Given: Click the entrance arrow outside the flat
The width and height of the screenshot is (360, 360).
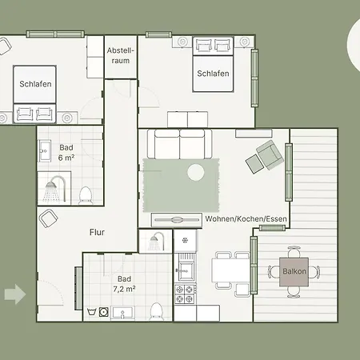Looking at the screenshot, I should tap(14, 294).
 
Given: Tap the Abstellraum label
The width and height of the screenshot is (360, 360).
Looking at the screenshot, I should tap(121, 55).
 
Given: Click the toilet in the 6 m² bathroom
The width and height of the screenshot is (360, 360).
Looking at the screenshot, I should tap(86, 194).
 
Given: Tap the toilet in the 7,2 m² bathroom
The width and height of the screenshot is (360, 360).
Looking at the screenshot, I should tap(157, 310).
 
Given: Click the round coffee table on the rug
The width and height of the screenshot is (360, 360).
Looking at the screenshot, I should tap(196, 171).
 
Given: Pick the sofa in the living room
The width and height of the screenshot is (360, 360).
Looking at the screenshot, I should tap(179, 144).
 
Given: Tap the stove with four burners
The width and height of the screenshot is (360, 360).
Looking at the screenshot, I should tap(185, 293).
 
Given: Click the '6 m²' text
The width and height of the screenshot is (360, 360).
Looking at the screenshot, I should tap(66, 158).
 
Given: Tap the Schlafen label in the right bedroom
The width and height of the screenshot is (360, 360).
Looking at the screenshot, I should tap(213, 74).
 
